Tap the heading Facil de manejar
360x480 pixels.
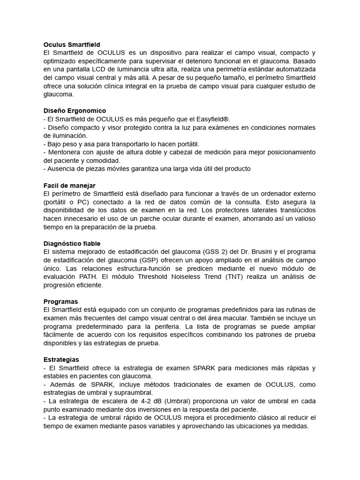69,186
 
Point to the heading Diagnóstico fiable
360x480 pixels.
72,244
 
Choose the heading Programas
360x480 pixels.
60,301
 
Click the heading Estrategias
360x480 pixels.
61,359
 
